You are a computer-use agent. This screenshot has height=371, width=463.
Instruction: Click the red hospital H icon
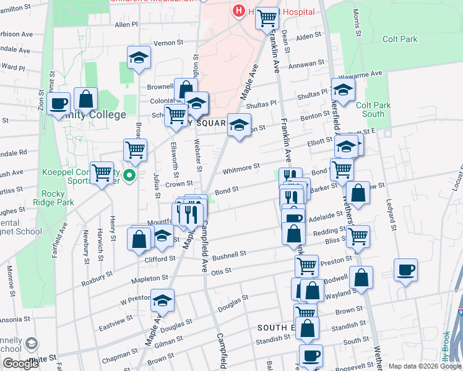pyautogui.click(x=238, y=11)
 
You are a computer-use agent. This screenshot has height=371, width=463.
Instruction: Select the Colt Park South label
pyautogui.click(x=374, y=109)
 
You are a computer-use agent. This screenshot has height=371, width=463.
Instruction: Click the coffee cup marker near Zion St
pyautogui.click(x=59, y=104)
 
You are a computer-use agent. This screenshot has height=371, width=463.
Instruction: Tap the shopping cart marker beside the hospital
pyautogui.click(x=267, y=19)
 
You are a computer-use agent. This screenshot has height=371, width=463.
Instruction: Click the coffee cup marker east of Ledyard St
pyautogui.click(x=405, y=270)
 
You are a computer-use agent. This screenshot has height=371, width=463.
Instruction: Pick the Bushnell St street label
pyautogui.click(x=229, y=254)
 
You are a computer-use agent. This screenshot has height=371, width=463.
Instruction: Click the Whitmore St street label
pyautogui.click(x=241, y=168)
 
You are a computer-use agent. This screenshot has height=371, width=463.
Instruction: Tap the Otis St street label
pyautogui.click(x=221, y=271)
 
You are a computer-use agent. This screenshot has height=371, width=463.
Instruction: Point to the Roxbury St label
pyautogui.click(x=97, y=278)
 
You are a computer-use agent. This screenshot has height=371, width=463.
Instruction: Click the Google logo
pyautogui.click(x=20, y=364)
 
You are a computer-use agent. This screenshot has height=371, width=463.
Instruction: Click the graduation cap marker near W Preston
pyautogui.click(x=162, y=301)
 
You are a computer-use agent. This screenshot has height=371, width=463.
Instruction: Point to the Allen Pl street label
pyautogui.click(x=126, y=25)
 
